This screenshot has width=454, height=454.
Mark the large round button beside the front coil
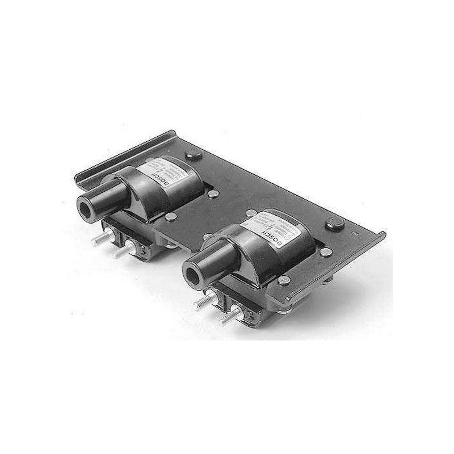pyautogui.click(x=335, y=223)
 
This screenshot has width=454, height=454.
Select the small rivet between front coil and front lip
pyautogui.click(x=284, y=280)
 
